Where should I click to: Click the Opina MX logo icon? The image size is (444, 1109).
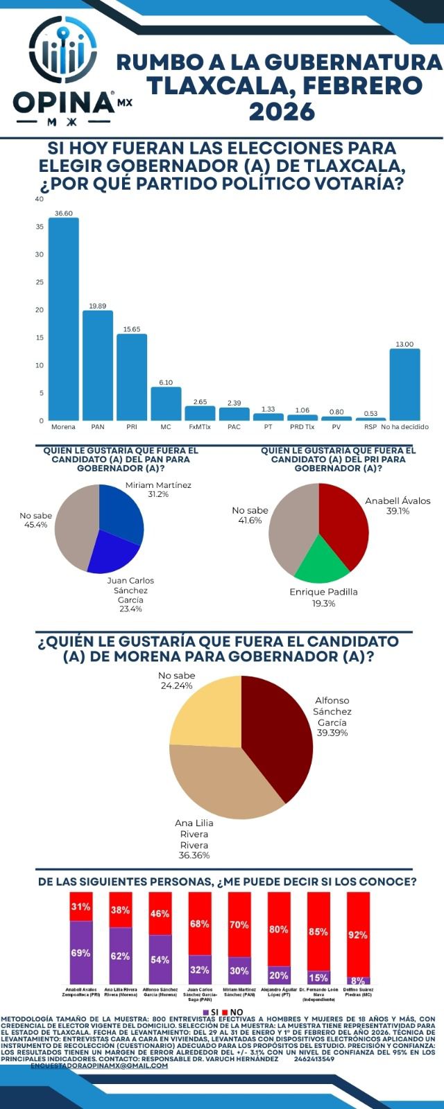pyautogui.click(x=62, y=52)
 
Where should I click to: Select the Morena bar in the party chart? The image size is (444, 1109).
pyautogui.click(x=63, y=319)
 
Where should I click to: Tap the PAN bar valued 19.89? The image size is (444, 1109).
pyautogui.click(x=97, y=365)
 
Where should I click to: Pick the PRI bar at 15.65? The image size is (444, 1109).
pyautogui.click(x=131, y=377)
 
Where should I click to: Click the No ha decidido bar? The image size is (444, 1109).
pyautogui.click(x=404, y=384)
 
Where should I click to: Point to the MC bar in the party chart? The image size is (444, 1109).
pyautogui.click(x=166, y=403)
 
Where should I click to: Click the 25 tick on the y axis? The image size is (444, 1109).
pyautogui.click(x=40, y=282)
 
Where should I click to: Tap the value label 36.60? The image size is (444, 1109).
pyautogui.click(x=63, y=213)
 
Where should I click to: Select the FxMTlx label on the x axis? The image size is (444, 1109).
pyautogui.click(x=200, y=427)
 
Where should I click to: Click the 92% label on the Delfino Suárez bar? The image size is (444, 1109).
pyautogui.click(x=358, y=935)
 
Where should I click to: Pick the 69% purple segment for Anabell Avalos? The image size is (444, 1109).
pyautogui.click(x=80, y=953)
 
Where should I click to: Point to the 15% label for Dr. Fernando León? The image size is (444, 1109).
pyautogui.click(x=318, y=978)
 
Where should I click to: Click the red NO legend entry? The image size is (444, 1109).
pyautogui.click(x=232, y=1013)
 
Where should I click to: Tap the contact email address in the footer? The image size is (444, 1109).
pyautogui.click(x=99, y=1065)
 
